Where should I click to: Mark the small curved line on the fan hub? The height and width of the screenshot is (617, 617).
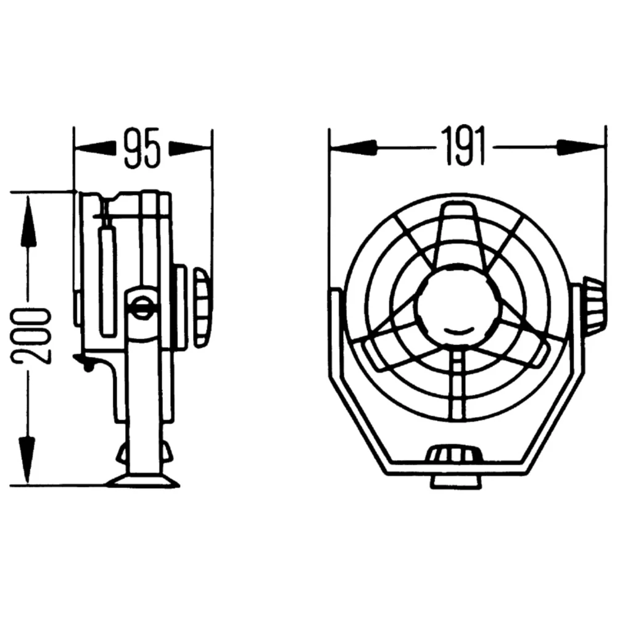click(455, 331)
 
